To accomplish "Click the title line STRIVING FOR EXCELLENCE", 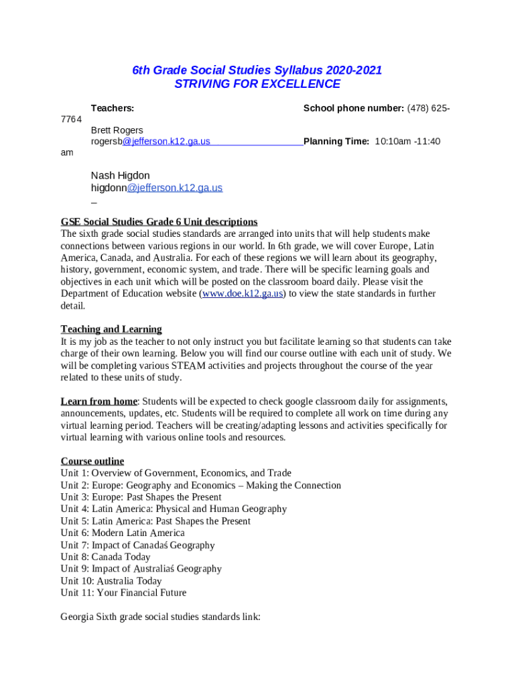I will pos(257,84).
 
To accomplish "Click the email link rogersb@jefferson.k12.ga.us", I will pos(151,142).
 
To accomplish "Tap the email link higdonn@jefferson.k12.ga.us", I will pos(157,188).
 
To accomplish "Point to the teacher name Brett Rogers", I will pos(117,130).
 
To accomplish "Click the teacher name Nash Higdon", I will pos(121,176).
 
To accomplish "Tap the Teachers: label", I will pos(113,108).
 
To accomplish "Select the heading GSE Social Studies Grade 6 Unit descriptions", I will pos(159,222).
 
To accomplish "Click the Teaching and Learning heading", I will pos(111,329).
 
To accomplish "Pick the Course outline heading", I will pos(92,461).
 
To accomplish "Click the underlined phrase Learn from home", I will pos(99,401).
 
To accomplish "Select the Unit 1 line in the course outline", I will pos(176,473).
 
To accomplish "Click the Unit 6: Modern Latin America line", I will pos(123,533).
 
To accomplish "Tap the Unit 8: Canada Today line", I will pos(105,557).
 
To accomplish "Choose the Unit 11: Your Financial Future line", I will pos(123,592).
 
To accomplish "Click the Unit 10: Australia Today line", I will pos(111,581).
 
